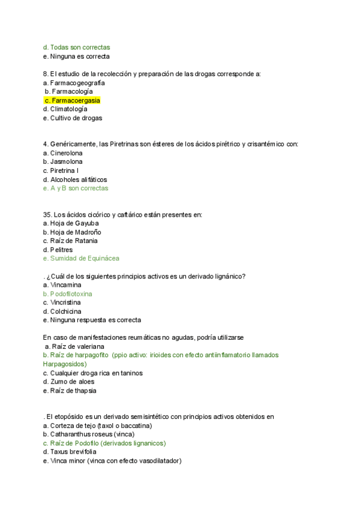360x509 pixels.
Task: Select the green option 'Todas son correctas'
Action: point(80,47)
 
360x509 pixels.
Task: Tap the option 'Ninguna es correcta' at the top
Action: point(80,56)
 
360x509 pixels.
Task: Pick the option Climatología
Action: point(68,109)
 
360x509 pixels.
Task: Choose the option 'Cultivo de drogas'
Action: point(76,118)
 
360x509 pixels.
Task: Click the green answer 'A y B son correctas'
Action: point(79,188)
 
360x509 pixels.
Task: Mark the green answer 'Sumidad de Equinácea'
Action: point(85,258)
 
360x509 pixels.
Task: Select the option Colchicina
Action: point(68,312)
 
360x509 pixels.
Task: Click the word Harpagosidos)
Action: point(65,364)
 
